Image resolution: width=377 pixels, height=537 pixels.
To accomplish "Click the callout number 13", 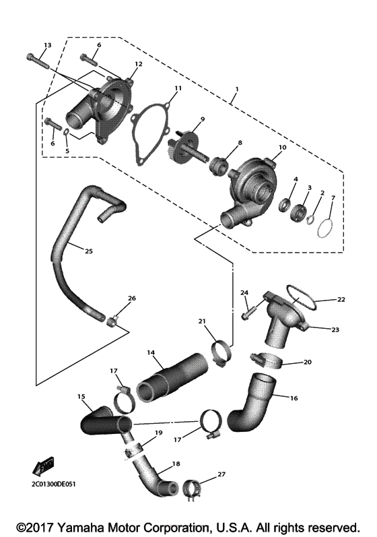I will click(x=46, y=45).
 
